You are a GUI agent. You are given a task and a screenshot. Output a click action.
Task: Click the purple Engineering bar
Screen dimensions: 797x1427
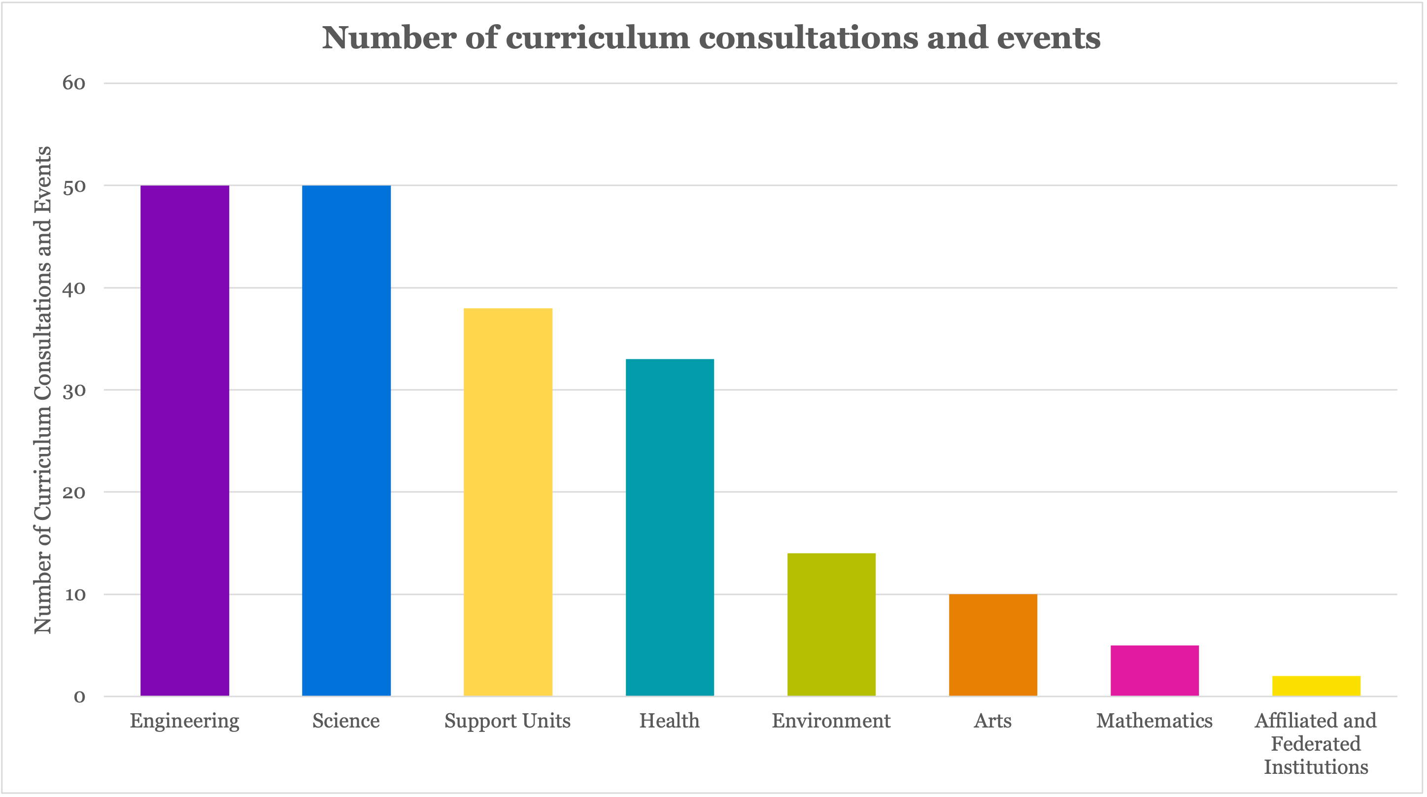click(184, 441)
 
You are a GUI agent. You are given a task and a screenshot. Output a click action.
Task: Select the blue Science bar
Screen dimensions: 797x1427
click(346, 441)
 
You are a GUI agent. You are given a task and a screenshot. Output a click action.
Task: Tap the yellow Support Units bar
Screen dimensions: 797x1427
click(508, 502)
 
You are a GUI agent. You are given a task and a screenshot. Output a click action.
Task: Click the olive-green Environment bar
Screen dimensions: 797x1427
click(831, 624)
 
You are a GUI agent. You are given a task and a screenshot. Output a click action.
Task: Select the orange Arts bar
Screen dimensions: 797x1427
click(993, 645)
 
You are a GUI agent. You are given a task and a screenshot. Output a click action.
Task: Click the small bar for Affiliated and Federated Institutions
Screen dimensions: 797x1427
click(1316, 686)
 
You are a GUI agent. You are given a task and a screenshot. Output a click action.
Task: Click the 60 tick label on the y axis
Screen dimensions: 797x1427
click(74, 83)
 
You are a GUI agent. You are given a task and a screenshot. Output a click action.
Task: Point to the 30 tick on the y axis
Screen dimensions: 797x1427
click(74, 390)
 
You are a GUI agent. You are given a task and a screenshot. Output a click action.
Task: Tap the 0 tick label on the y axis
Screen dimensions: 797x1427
click(79, 696)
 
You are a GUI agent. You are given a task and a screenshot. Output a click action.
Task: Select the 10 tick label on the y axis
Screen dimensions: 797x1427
click(75, 595)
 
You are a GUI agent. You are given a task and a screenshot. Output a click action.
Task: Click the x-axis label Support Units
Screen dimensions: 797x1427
click(507, 721)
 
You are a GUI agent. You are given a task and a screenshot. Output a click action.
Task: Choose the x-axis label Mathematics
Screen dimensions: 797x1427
click(1154, 721)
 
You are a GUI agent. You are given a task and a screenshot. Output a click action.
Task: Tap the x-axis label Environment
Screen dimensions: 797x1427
click(831, 721)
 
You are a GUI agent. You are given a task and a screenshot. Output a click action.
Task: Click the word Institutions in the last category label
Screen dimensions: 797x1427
click(1316, 767)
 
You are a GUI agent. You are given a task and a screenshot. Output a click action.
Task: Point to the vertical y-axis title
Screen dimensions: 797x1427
click(43, 390)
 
